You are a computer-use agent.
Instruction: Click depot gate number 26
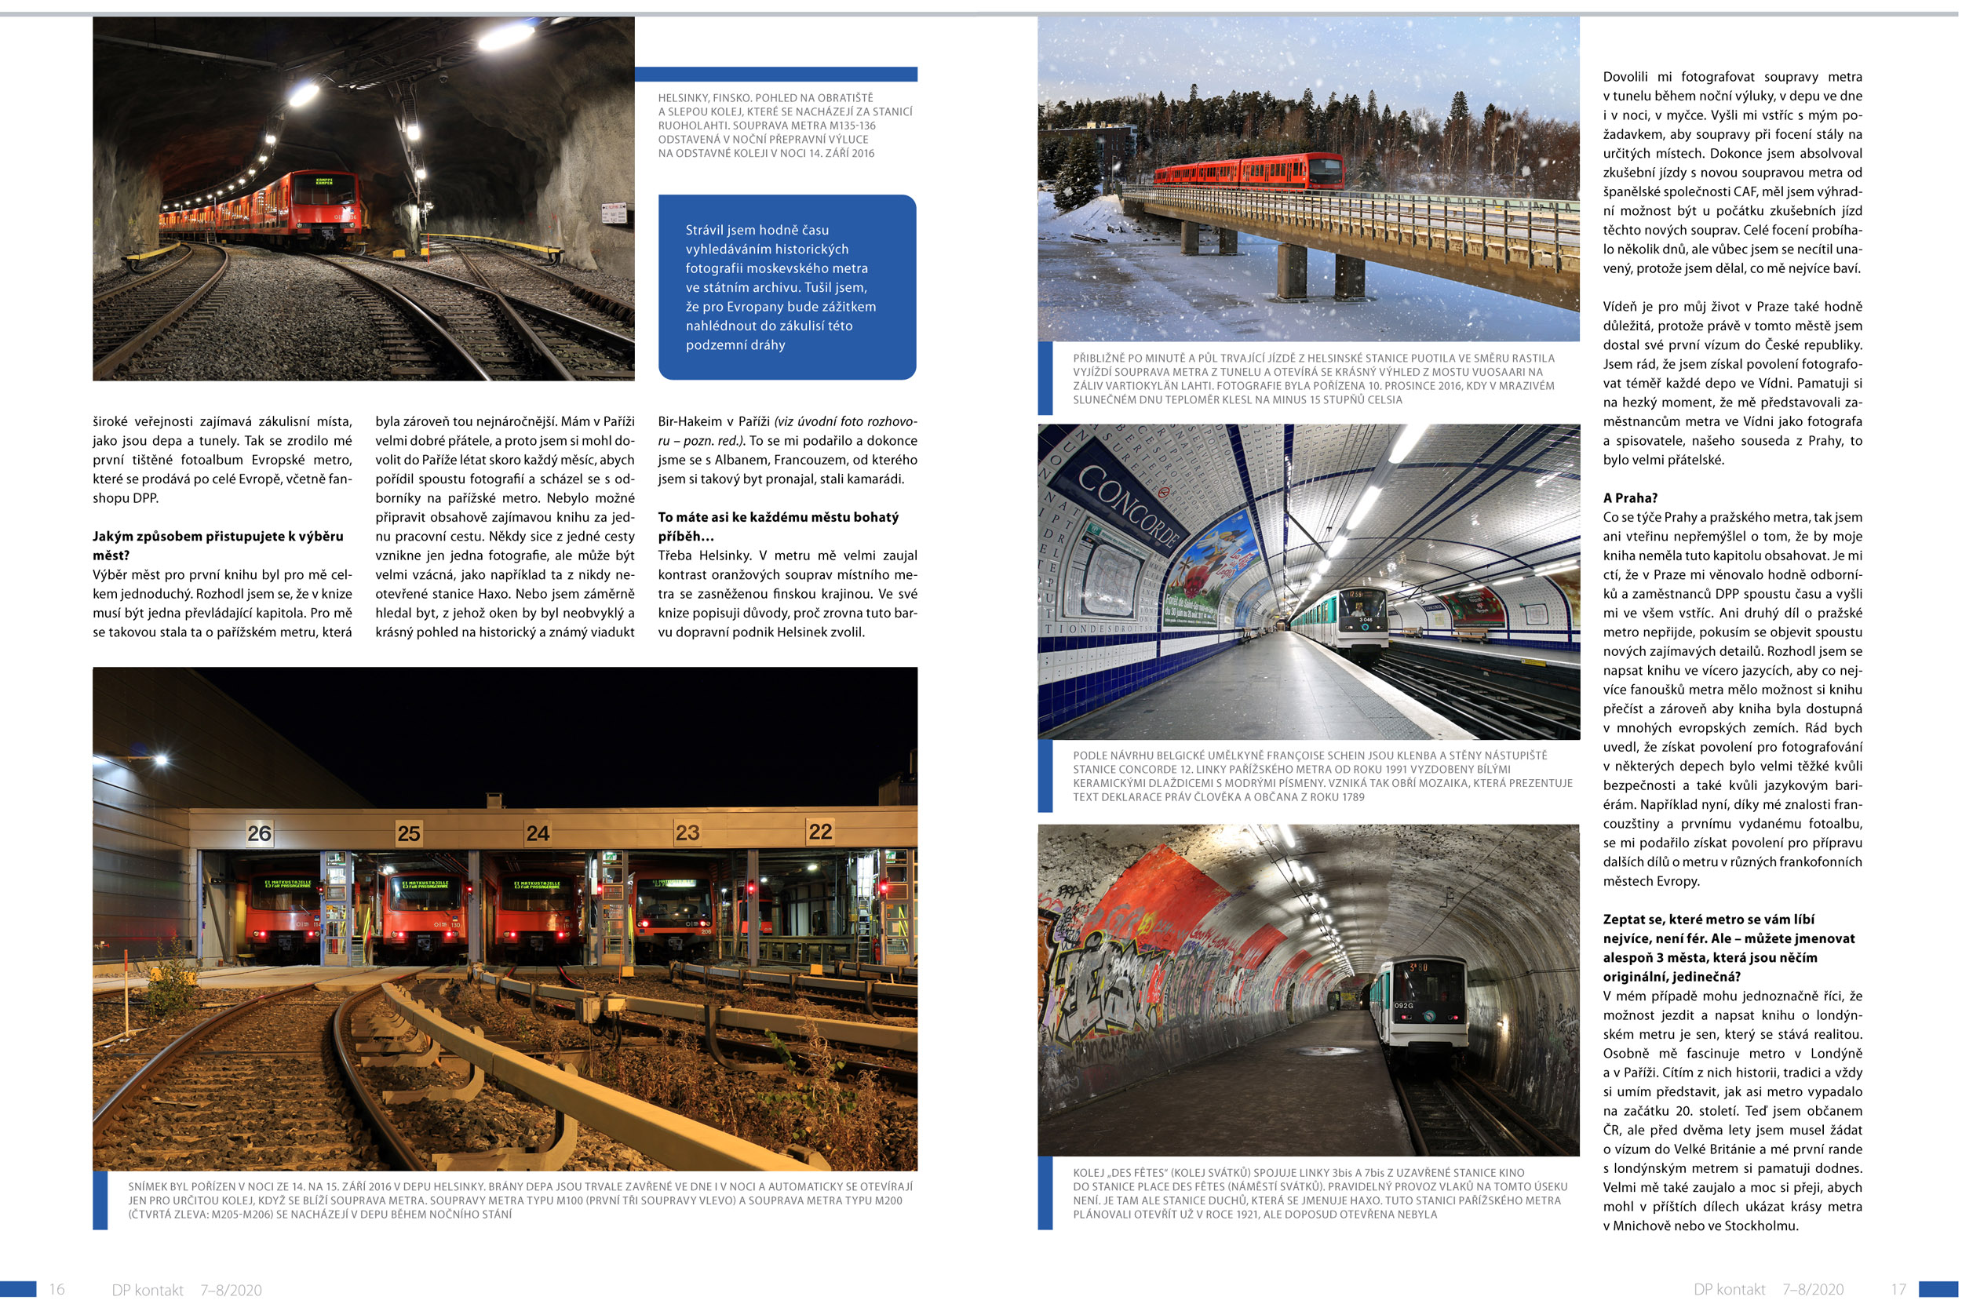click(x=259, y=833)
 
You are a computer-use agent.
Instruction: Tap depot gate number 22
click(x=820, y=831)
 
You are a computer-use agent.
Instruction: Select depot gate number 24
click(x=538, y=832)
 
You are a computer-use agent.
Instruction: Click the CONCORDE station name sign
click(x=1128, y=504)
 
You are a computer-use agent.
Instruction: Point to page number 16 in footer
click(x=57, y=1289)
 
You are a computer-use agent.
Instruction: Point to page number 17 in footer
click(x=1898, y=1289)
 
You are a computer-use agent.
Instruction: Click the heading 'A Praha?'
click(x=1629, y=498)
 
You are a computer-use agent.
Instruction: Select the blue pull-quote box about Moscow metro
click(x=787, y=287)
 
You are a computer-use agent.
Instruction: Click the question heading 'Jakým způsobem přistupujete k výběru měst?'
click(x=218, y=545)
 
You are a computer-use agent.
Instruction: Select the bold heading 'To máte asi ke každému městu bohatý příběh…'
click(x=778, y=526)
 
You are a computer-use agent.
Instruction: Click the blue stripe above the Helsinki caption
click(x=775, y=74)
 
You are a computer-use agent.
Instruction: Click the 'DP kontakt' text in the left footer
click(x=148, y=1290)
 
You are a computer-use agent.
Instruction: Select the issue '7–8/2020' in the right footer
click(x=1812, y=1289)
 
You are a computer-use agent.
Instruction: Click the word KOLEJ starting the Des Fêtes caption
click(x=1089, y=1173)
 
